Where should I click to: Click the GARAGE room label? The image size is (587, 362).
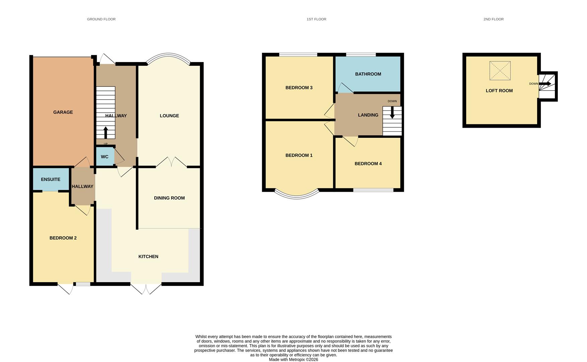click(63, 112)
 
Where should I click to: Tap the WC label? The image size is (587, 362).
click(104, 157)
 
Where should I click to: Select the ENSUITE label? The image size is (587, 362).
click(51, 179)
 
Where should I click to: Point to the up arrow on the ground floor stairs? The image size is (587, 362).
click(106, 132)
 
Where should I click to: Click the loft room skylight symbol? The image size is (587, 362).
click(500, 71)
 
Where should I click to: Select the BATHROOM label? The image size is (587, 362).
click(368, 74)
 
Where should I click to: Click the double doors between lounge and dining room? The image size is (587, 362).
click(171, 162)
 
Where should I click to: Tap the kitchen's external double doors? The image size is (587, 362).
click(146, 289)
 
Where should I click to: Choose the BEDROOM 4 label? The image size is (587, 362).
click(368, 164)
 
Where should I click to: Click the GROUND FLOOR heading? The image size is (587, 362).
click(101, 19)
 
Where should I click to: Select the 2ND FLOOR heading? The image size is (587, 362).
click(493, 19)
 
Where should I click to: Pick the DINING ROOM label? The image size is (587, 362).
click(169, 198)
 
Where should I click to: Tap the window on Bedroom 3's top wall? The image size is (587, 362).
click(298, 54)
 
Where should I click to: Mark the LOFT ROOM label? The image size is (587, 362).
click(499, 90)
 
